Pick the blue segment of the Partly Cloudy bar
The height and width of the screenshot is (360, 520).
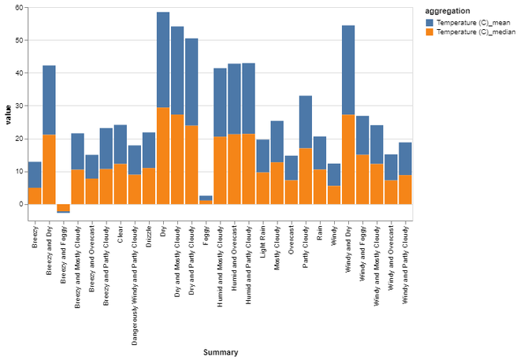306,121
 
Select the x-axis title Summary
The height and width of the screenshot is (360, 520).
220,351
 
